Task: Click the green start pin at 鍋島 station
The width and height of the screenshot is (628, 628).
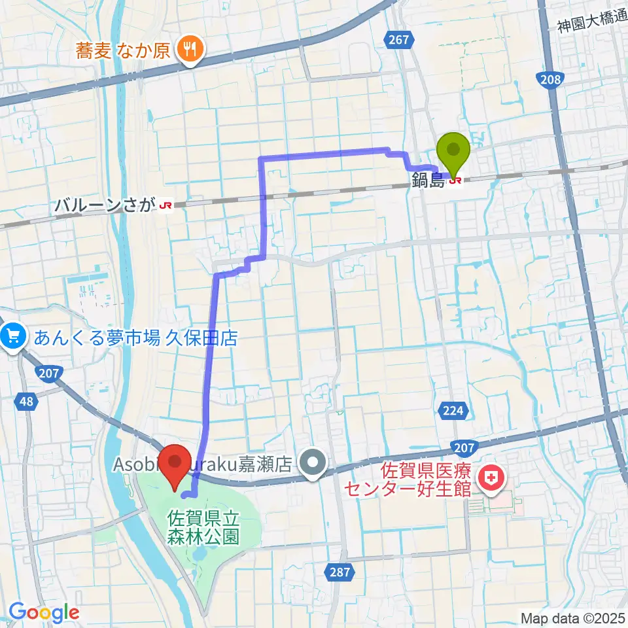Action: (x=457, y=151)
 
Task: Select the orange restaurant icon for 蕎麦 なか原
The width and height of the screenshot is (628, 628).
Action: (x=190, y=50)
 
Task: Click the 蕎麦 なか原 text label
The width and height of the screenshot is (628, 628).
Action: (x=122, y=50)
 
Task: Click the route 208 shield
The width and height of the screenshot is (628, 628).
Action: (x=550, y=80)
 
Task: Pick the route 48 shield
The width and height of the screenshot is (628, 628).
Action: (x=26, y=401)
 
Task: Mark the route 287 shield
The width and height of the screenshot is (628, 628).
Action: (x=338, y=572)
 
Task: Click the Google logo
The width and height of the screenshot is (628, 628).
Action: (x=44, y=612)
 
